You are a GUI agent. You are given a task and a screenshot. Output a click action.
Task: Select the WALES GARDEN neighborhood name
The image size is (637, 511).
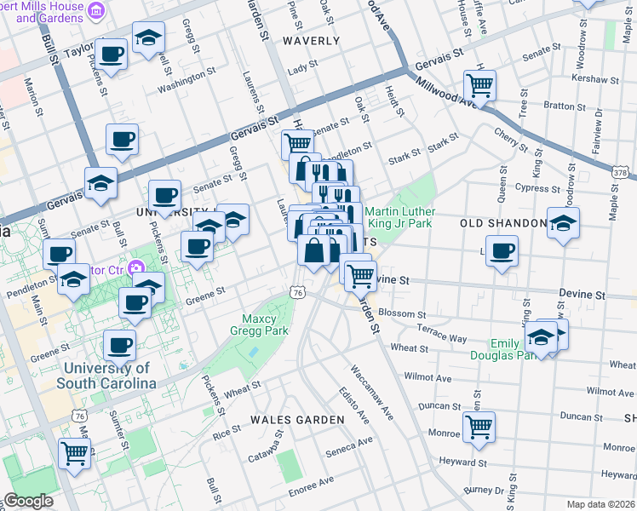point(297,420)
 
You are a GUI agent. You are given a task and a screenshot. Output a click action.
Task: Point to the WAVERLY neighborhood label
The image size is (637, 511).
point(311,40)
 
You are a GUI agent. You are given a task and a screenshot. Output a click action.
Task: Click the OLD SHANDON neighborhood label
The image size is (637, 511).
point(503,223)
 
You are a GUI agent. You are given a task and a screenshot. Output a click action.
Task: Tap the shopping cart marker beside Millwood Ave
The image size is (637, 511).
point(480,85)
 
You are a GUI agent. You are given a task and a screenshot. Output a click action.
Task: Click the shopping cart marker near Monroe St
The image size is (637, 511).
point(479,428)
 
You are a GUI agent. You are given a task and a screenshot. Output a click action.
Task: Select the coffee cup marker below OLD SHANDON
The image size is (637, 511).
point(502,251)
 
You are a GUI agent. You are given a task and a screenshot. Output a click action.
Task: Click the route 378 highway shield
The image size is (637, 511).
point(619,172)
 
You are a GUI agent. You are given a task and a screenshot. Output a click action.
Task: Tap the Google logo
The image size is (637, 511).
point(28,501)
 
